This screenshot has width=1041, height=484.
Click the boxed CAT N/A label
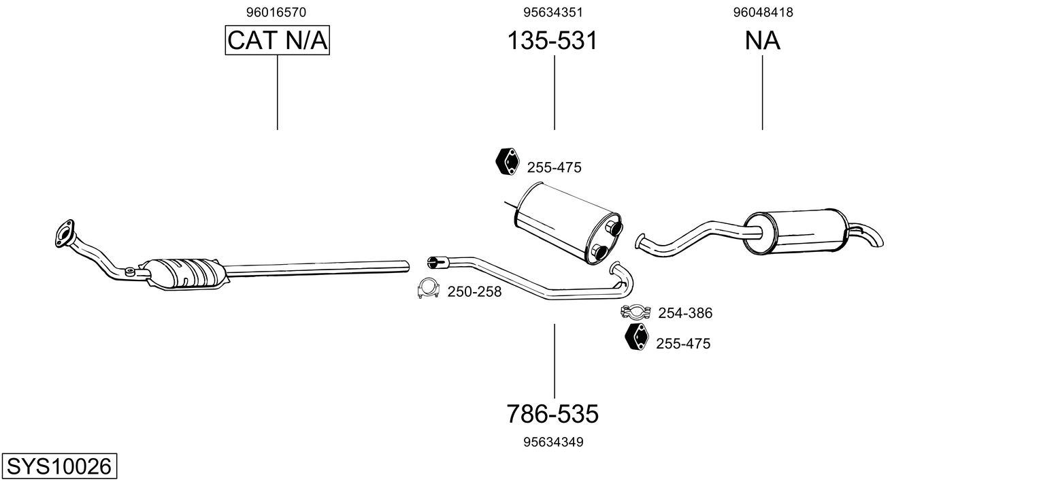[278, 41]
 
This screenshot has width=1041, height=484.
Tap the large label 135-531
[552, 41]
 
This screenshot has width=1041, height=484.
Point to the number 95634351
[553, 12]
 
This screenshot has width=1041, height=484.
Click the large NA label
[762, 41]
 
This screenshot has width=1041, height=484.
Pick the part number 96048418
[763, 12]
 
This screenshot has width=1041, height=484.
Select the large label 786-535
[552, 413]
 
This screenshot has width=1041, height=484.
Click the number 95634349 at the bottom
[553, 442]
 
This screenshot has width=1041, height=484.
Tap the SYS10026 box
[59, 467]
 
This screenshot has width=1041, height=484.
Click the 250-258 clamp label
[474, 292]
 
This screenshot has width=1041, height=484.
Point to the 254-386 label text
[684, 313]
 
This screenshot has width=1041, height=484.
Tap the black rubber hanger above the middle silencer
[506, 161]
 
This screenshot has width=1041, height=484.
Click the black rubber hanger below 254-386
[636, 338]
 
